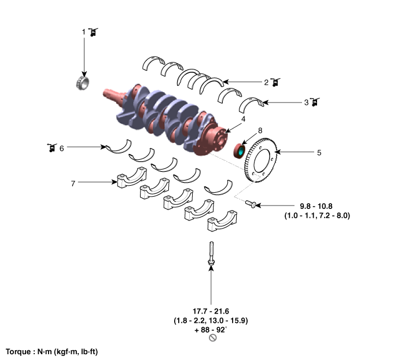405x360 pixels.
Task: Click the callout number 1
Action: click(83, 32)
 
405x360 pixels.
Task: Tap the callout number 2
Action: click(266, 82)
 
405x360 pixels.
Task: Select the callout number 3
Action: click(306, 103)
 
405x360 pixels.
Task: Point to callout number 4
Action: click(244, 119)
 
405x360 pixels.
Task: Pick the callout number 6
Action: click(61, 148)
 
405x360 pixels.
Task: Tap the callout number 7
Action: click(73, 183)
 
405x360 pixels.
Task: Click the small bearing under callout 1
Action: click(84, 83)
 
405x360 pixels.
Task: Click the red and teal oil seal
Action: click(239, 151)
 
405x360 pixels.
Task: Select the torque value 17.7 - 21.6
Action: click(211, 311)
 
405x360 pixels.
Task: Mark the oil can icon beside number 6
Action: click(50, 148)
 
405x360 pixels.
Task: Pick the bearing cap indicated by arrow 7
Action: click(131, 177)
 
